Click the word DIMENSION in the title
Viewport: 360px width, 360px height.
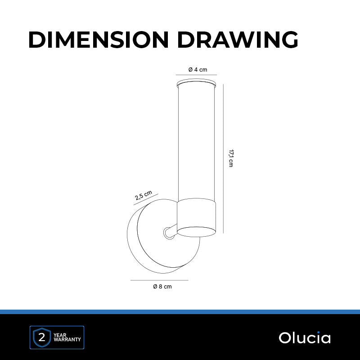point(99,40)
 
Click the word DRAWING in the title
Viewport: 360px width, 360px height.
point(238,40)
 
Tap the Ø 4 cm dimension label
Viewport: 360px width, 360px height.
point(198,70)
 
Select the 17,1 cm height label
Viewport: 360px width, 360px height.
point(231,158)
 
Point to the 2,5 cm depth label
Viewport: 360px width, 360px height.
point(143,195)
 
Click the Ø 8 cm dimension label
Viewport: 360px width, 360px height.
point(162,287)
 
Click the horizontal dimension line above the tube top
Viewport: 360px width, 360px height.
point(196,75)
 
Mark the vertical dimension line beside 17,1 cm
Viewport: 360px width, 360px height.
point(223,159)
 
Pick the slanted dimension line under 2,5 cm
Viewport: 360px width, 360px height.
point(146,199)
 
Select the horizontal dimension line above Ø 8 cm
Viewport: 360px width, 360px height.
point(159,280)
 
